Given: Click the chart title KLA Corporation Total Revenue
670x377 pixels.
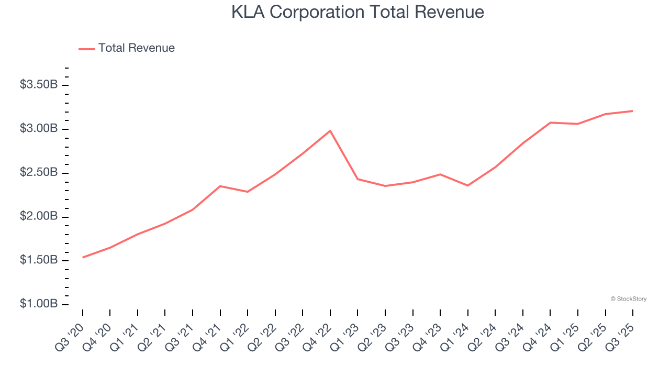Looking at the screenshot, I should coord(358,13).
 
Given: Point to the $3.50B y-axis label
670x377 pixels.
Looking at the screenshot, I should coord(38,85).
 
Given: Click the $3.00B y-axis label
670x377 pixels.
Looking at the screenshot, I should coord(38,129).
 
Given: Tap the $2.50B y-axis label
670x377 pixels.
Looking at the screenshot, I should coord(38,173).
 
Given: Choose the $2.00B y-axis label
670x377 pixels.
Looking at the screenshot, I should coord(38,217).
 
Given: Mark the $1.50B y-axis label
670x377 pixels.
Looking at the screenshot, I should coord(38,261).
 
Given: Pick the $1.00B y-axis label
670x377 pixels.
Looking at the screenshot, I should coord(38,304).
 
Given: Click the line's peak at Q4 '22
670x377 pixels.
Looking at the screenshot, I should coord(330,130).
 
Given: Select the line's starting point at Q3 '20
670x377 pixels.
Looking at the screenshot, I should coord(83,258).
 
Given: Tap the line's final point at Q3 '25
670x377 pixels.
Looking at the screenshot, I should coord(633,111).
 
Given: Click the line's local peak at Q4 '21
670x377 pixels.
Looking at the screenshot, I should coord(220,186).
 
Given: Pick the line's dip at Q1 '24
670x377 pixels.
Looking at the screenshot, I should coord(467,185).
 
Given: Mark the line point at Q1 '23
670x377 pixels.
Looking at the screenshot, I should coord(358,179).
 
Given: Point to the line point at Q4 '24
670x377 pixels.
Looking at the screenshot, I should coord(550,123).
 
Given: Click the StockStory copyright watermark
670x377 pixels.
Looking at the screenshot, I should coord(628,299).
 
